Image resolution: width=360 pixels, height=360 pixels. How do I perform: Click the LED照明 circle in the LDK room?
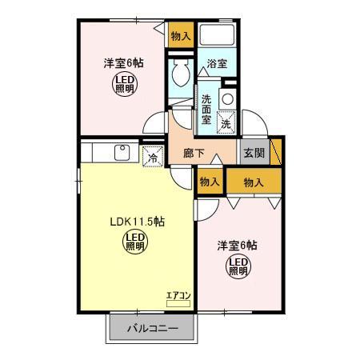tap(134, 242)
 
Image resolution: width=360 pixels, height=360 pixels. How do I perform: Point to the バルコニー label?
tap(151, 328)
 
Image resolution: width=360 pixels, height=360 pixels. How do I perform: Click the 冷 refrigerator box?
tap(152, 158)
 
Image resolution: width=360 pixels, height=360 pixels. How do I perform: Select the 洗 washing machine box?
tap(226, 124)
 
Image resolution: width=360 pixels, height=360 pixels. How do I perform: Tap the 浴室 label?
tap(217, 63)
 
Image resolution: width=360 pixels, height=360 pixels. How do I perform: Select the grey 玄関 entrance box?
tap(255, 153)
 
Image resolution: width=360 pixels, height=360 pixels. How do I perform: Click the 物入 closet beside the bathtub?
tap(181, 35)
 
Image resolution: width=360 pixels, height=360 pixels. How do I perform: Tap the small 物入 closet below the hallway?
tap(210, 182)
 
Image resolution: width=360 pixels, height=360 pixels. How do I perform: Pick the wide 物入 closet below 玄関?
tap(254, 182)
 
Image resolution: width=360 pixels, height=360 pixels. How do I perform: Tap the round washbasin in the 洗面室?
tap(228, 98)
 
